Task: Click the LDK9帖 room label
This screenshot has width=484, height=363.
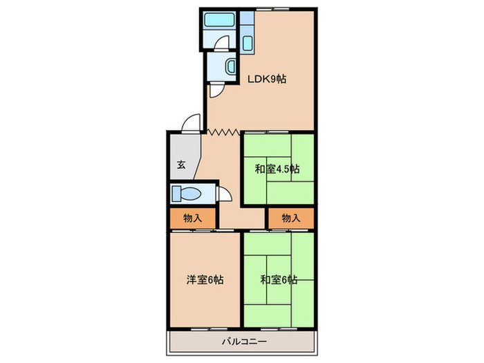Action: tap(267, 80)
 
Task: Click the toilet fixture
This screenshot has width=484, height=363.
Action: tap(185, 193)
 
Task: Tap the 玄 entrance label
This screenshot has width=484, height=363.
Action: tap(180, 165)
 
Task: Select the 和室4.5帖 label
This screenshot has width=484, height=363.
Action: tap(276, 169)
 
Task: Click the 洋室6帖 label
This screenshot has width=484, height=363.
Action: tap(204, 280)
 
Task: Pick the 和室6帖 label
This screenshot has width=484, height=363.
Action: tap(279, 280)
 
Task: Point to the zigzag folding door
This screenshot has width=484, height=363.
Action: tap(223, 131)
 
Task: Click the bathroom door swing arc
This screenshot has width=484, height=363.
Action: tap(220, 43)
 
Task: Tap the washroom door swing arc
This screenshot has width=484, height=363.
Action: tap(215, 89)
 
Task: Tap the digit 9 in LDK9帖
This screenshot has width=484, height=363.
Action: tap(271, 80)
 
